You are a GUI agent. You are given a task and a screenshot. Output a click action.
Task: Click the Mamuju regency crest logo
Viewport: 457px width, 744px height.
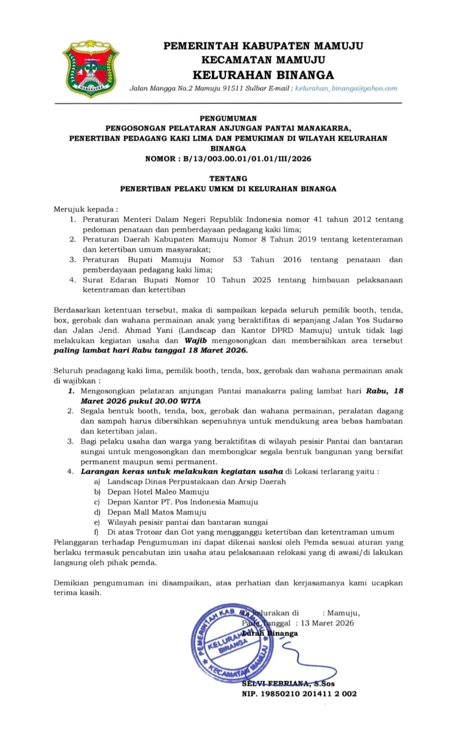(90, 69)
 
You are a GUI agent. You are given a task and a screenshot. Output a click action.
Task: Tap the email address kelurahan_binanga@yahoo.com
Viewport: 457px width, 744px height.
(346, 88)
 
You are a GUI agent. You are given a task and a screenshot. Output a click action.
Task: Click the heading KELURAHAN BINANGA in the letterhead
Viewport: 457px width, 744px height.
(263, 74)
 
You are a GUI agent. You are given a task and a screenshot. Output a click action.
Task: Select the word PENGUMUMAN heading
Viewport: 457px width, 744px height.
(228, 117)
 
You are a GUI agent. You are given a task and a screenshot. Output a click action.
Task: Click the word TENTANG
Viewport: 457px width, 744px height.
(228, 178)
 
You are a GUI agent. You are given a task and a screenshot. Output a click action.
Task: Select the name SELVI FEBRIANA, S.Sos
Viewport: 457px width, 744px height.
(288, 684)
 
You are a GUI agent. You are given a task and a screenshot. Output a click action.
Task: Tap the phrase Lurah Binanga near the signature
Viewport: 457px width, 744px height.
(270, 633)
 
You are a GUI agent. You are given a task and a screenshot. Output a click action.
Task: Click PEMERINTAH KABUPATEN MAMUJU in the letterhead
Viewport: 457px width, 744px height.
(263, 46)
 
